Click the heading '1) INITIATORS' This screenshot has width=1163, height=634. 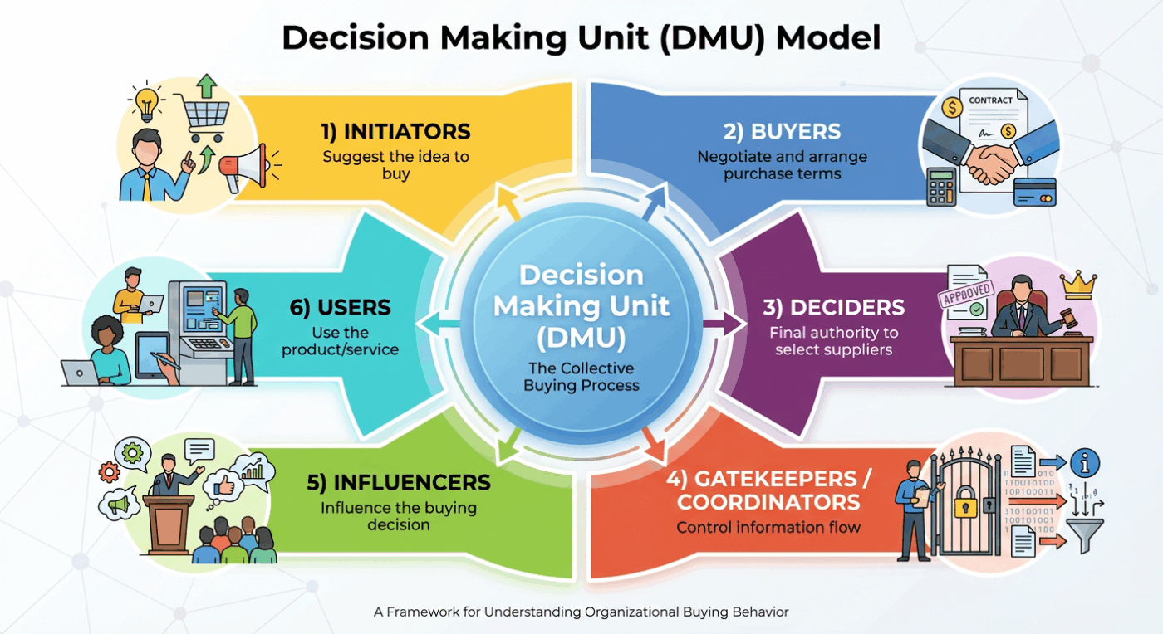pyautogui.click(x=395, y=131)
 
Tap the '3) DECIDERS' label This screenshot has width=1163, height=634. pyautogui.click(x=833, y=307)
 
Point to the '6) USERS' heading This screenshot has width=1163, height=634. pyautogui.click(x=341, y=307)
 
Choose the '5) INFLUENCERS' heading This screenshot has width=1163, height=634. pyautogui.click(x=399, y=482)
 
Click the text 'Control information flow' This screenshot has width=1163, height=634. pyautogui.click(x=768, y=527)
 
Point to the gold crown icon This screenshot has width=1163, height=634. pyautogui.click(x=1079, y=285)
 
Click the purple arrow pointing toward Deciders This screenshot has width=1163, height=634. pyautogui.click(x=724, y=324)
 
